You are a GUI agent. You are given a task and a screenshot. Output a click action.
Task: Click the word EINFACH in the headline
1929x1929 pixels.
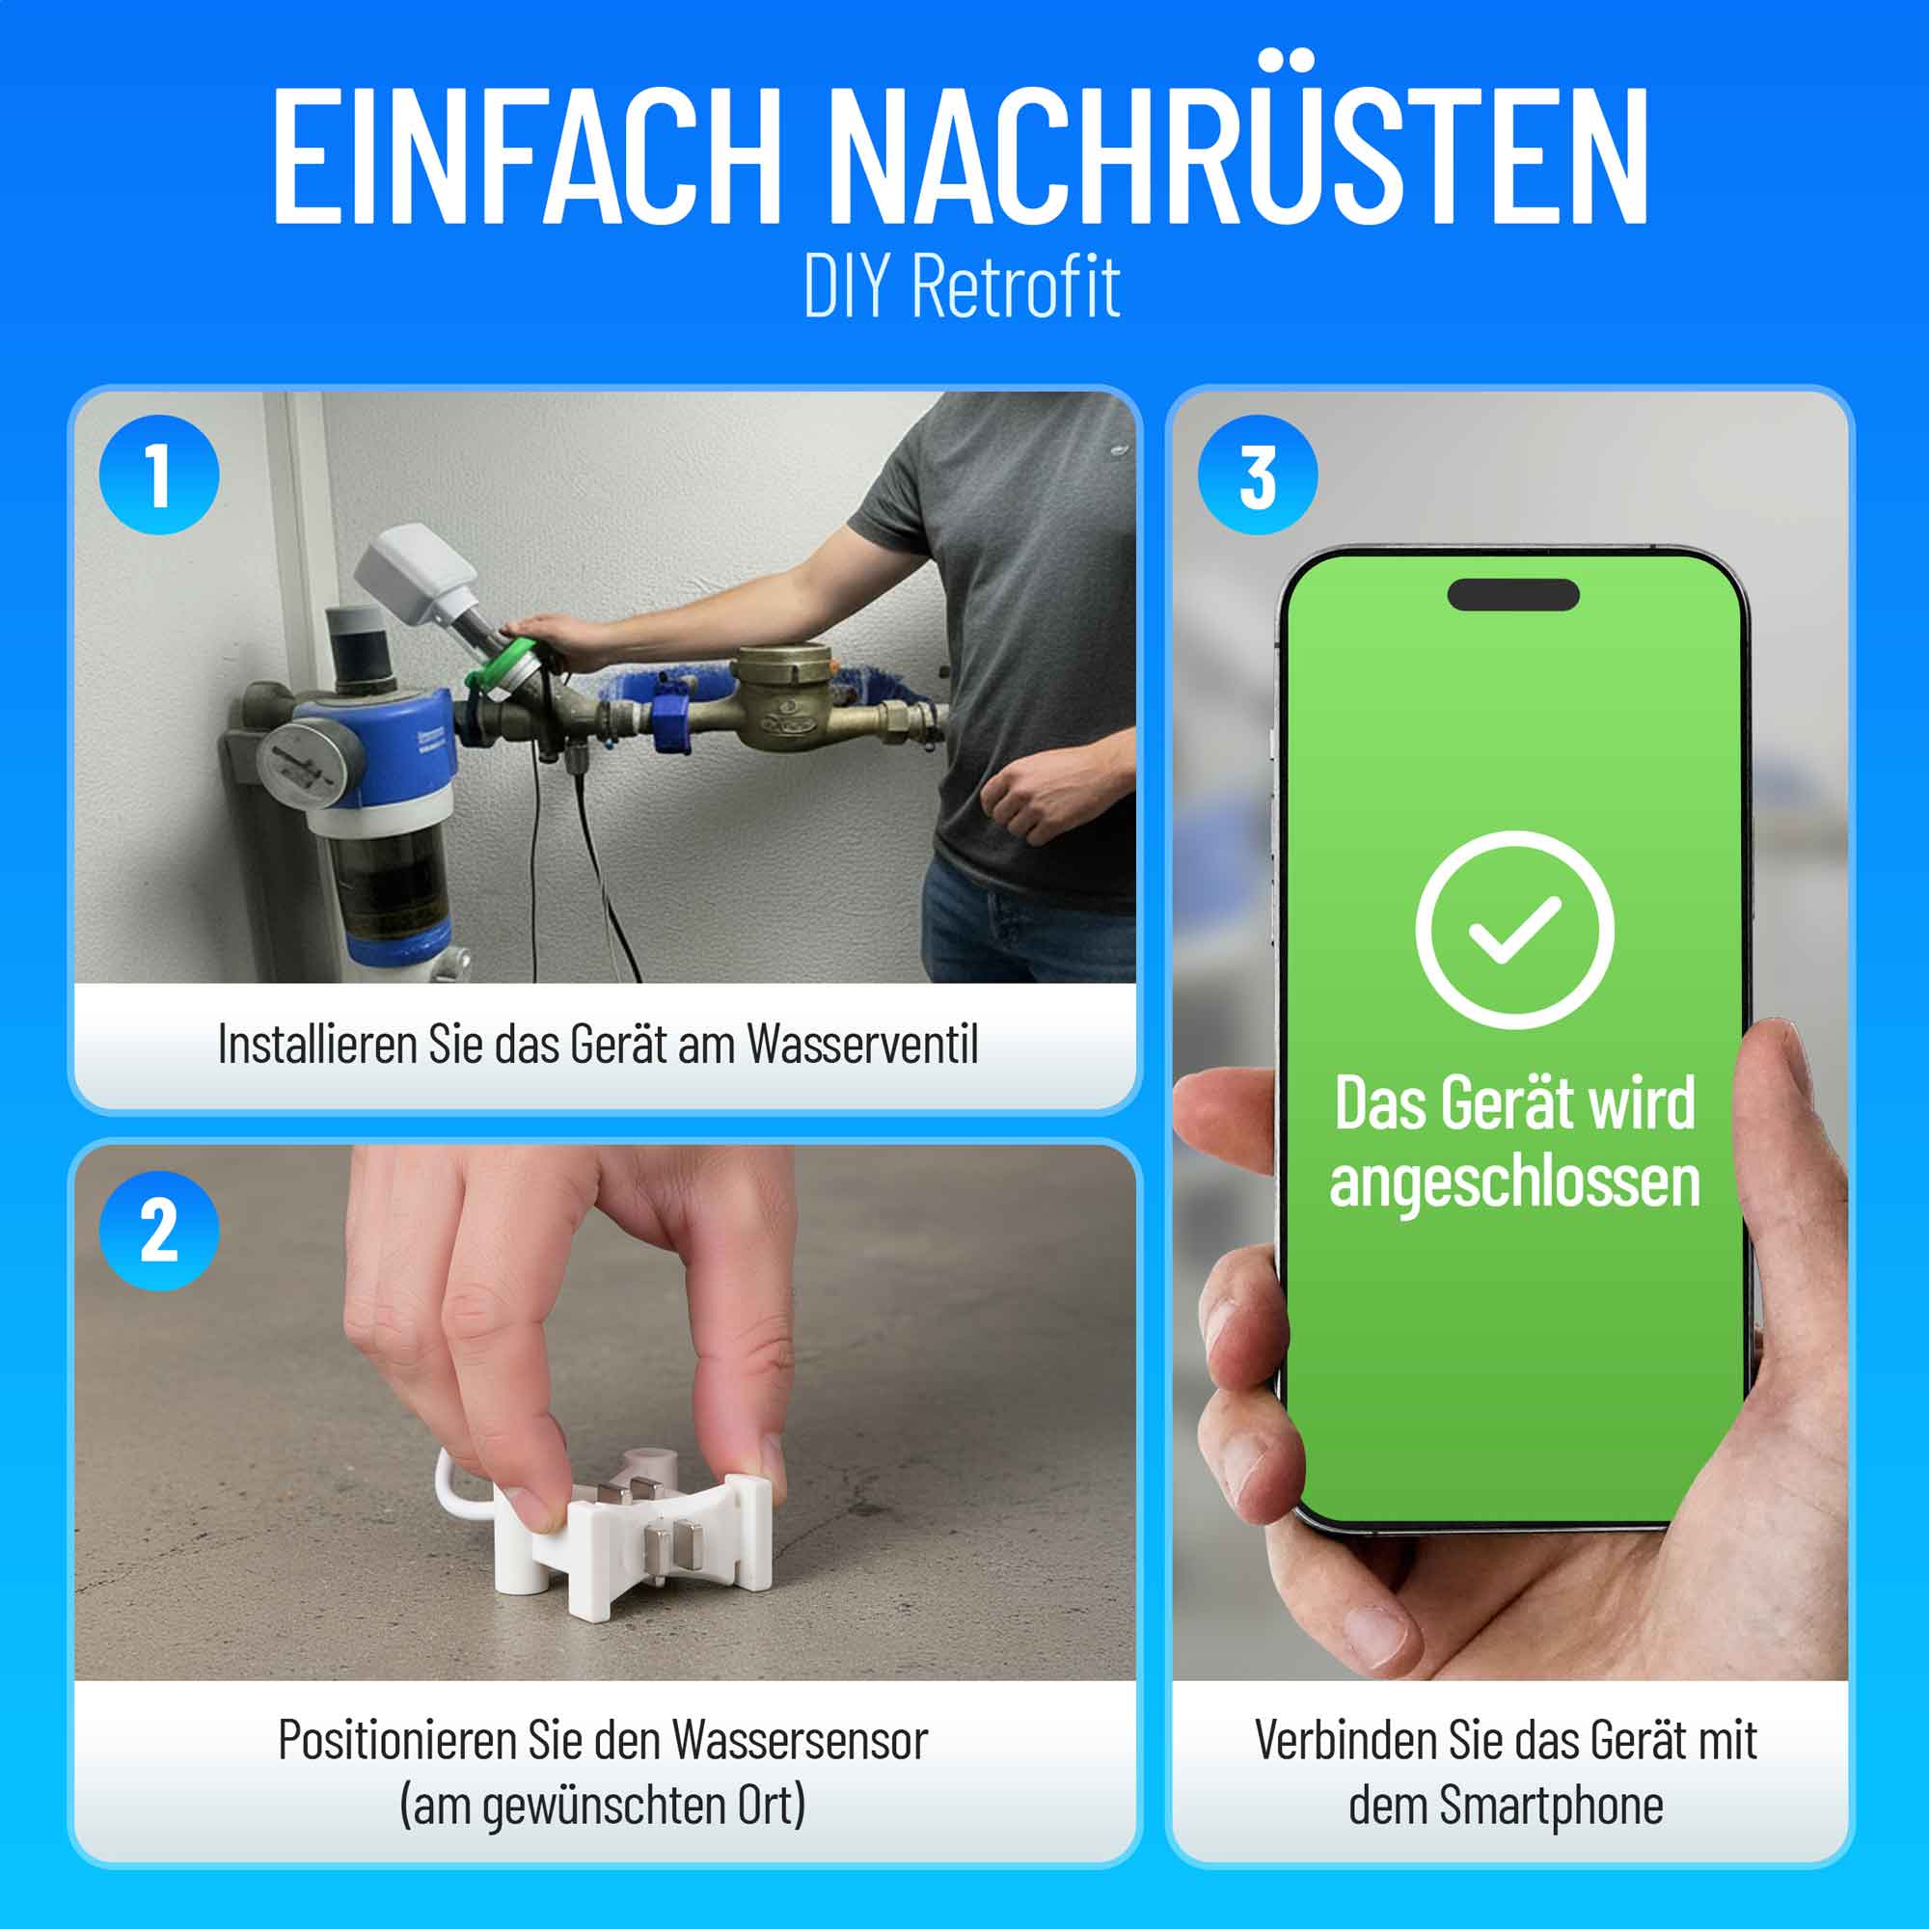[x=527, y=157]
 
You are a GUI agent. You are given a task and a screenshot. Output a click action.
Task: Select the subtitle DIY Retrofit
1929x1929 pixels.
[x=962, y=286]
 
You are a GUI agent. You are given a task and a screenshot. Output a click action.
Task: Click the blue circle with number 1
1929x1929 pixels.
[x=159, y=475]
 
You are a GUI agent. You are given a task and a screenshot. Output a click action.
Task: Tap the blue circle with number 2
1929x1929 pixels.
[x=159, y=1231]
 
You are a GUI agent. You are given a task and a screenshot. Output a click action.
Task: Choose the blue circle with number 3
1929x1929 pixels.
[x=1257, y=475]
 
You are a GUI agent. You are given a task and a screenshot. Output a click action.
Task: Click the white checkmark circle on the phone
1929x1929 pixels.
[x=1514, y=930]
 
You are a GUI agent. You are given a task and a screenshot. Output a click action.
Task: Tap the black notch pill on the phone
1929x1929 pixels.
[x=1513, y=594]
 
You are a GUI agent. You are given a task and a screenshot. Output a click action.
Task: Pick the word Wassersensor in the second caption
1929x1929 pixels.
[x=799, y=1740]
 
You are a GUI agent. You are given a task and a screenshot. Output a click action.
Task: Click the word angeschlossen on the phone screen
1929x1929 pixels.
[x=1514, y=1183]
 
